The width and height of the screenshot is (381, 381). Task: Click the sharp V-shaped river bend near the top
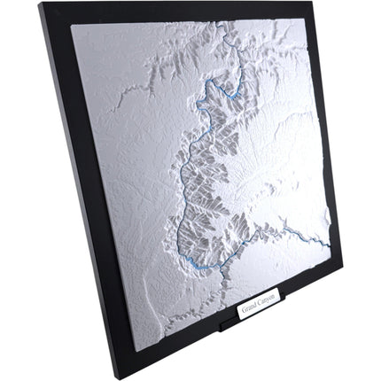237,91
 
